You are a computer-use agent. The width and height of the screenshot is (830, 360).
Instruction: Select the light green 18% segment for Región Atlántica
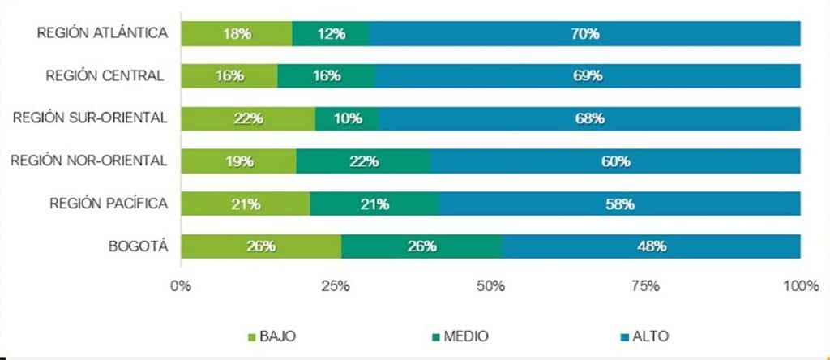[x=236, y=33]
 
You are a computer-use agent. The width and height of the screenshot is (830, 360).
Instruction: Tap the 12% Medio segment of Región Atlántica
[x=330, y=33]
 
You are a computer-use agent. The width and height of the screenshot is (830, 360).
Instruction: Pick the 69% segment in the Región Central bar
[x=588, y=75]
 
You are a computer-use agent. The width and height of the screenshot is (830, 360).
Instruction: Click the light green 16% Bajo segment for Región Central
[x=229, y=75]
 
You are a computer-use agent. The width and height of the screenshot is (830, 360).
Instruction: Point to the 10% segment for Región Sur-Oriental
[x=348, y=118]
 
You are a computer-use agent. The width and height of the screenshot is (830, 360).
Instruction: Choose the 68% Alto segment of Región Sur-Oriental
[x=590, y=118]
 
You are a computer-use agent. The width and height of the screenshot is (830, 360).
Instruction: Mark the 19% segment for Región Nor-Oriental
[x=238, y=161]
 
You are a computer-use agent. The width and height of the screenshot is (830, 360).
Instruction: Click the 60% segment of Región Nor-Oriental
[x=616, y=161]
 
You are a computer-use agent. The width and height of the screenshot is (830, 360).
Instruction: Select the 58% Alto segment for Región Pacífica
[x=620, y=204]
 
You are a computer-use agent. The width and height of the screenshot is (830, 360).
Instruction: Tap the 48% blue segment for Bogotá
[x=652, y=246]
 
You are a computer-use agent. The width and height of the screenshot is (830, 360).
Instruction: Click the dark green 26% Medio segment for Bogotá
[x=422, y=246]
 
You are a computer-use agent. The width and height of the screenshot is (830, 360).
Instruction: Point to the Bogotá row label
[x=140, y=246]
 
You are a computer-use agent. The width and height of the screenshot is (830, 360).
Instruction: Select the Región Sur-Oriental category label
[x=90, y=118]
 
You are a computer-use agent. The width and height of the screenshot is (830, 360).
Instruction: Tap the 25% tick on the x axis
[x=336, y=285]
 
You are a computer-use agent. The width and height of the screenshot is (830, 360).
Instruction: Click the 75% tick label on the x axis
[x=646, y=285]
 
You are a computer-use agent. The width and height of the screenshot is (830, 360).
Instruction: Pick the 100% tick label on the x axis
[x=800, y=285]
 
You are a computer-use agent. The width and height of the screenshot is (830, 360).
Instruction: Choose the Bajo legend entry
[x=271, y=336]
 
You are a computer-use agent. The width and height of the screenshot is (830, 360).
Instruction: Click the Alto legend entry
[x=644, y=336]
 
